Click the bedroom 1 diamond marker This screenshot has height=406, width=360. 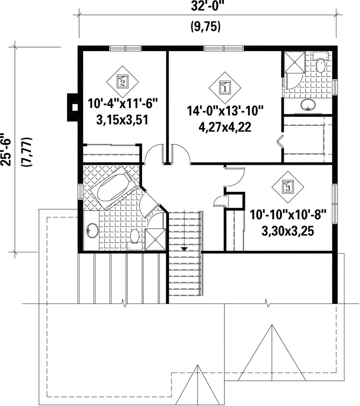click(225, 88)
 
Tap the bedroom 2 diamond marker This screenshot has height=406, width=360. click(122, 82)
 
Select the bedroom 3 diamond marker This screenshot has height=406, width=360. click(288, 186)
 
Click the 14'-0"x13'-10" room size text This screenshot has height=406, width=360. click(225, 111)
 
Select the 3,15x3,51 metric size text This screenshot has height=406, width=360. click(122, 120)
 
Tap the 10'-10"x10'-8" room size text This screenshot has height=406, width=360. click(288, 215)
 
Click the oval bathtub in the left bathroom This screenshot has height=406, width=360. click(114, 187)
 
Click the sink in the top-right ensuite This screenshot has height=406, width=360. click(308, 105)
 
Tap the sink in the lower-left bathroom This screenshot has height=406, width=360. click(92, 230)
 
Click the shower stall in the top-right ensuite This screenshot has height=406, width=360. click(294, 62)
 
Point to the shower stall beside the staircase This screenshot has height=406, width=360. click(155, 239)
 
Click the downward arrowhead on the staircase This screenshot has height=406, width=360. click(184, 249)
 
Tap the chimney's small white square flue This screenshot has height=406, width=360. click(74, 107)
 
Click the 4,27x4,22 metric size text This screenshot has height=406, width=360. click(225, 127)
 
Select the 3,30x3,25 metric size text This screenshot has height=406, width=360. click(288, 231)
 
